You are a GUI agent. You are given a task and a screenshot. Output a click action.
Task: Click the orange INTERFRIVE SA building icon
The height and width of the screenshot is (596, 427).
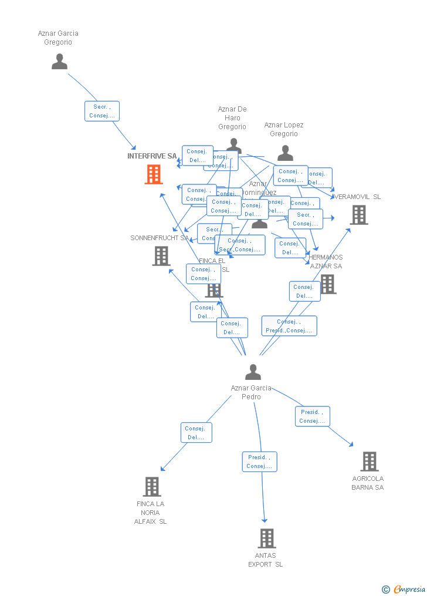(154, 174)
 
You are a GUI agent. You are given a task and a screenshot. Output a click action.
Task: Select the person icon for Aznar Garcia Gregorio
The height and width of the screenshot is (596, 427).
(59, 62)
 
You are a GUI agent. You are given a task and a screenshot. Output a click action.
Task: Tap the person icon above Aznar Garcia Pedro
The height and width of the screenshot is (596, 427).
(253, 372)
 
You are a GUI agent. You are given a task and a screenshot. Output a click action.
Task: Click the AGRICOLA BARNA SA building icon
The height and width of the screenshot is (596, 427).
(369, 462)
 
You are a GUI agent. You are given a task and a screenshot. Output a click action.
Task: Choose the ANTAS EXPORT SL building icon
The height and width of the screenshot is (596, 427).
(266, 538)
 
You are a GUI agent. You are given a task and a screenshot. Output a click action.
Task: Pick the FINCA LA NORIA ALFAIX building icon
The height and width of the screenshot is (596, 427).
(152, 487)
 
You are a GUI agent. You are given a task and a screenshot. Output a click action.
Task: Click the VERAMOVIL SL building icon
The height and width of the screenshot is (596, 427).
(359, 215)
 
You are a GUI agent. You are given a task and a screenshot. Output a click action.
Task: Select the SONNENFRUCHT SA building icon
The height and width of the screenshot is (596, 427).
(161, 256)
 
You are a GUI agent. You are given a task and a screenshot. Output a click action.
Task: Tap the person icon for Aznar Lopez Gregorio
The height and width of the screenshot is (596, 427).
(285, 153)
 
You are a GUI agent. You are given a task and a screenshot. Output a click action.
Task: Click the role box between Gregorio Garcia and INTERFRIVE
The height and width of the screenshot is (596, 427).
(102, 111)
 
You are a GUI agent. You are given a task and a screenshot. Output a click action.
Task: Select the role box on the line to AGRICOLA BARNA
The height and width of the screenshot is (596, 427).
(312, 416)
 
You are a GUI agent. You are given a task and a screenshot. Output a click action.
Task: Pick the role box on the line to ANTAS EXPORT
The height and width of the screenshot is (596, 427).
(259, 462)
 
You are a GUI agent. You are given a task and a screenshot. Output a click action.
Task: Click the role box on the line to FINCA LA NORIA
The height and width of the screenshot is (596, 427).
(196, 433)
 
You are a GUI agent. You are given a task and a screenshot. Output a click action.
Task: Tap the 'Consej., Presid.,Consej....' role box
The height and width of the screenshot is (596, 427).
(289, 326)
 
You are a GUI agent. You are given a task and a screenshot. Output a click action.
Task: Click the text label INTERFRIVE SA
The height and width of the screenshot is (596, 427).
(152, 156)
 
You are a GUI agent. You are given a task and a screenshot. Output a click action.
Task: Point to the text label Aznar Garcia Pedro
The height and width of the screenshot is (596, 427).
(251, 392)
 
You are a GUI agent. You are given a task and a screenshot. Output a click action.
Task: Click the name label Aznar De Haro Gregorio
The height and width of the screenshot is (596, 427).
(232, 118)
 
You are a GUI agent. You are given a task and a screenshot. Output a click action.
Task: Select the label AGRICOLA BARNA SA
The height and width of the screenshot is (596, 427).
(368, 483)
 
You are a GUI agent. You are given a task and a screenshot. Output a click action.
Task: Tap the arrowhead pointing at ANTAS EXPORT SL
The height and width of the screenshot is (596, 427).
(265, 520)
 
